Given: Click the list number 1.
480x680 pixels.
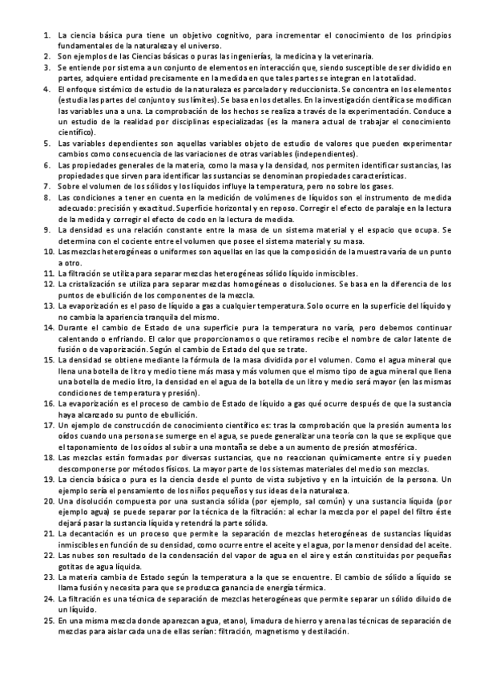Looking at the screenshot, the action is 46,37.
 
